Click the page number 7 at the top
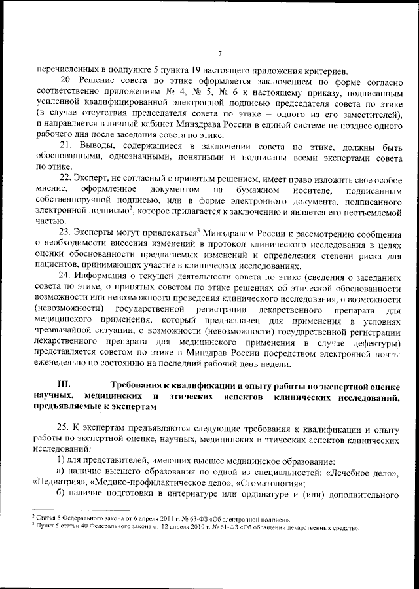(x=220, y=53)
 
